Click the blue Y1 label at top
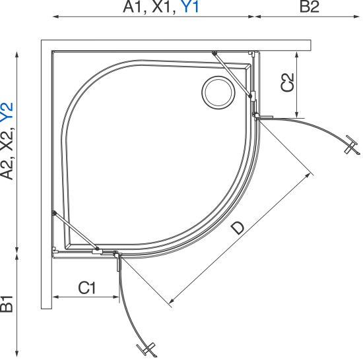click(189, 7)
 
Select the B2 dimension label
click(310, 7)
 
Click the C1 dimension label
click(86, 288)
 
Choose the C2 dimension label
click(287, 82)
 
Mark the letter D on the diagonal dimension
click(238, 227)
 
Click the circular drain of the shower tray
click(218, 92)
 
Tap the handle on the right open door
click(352, 145)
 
